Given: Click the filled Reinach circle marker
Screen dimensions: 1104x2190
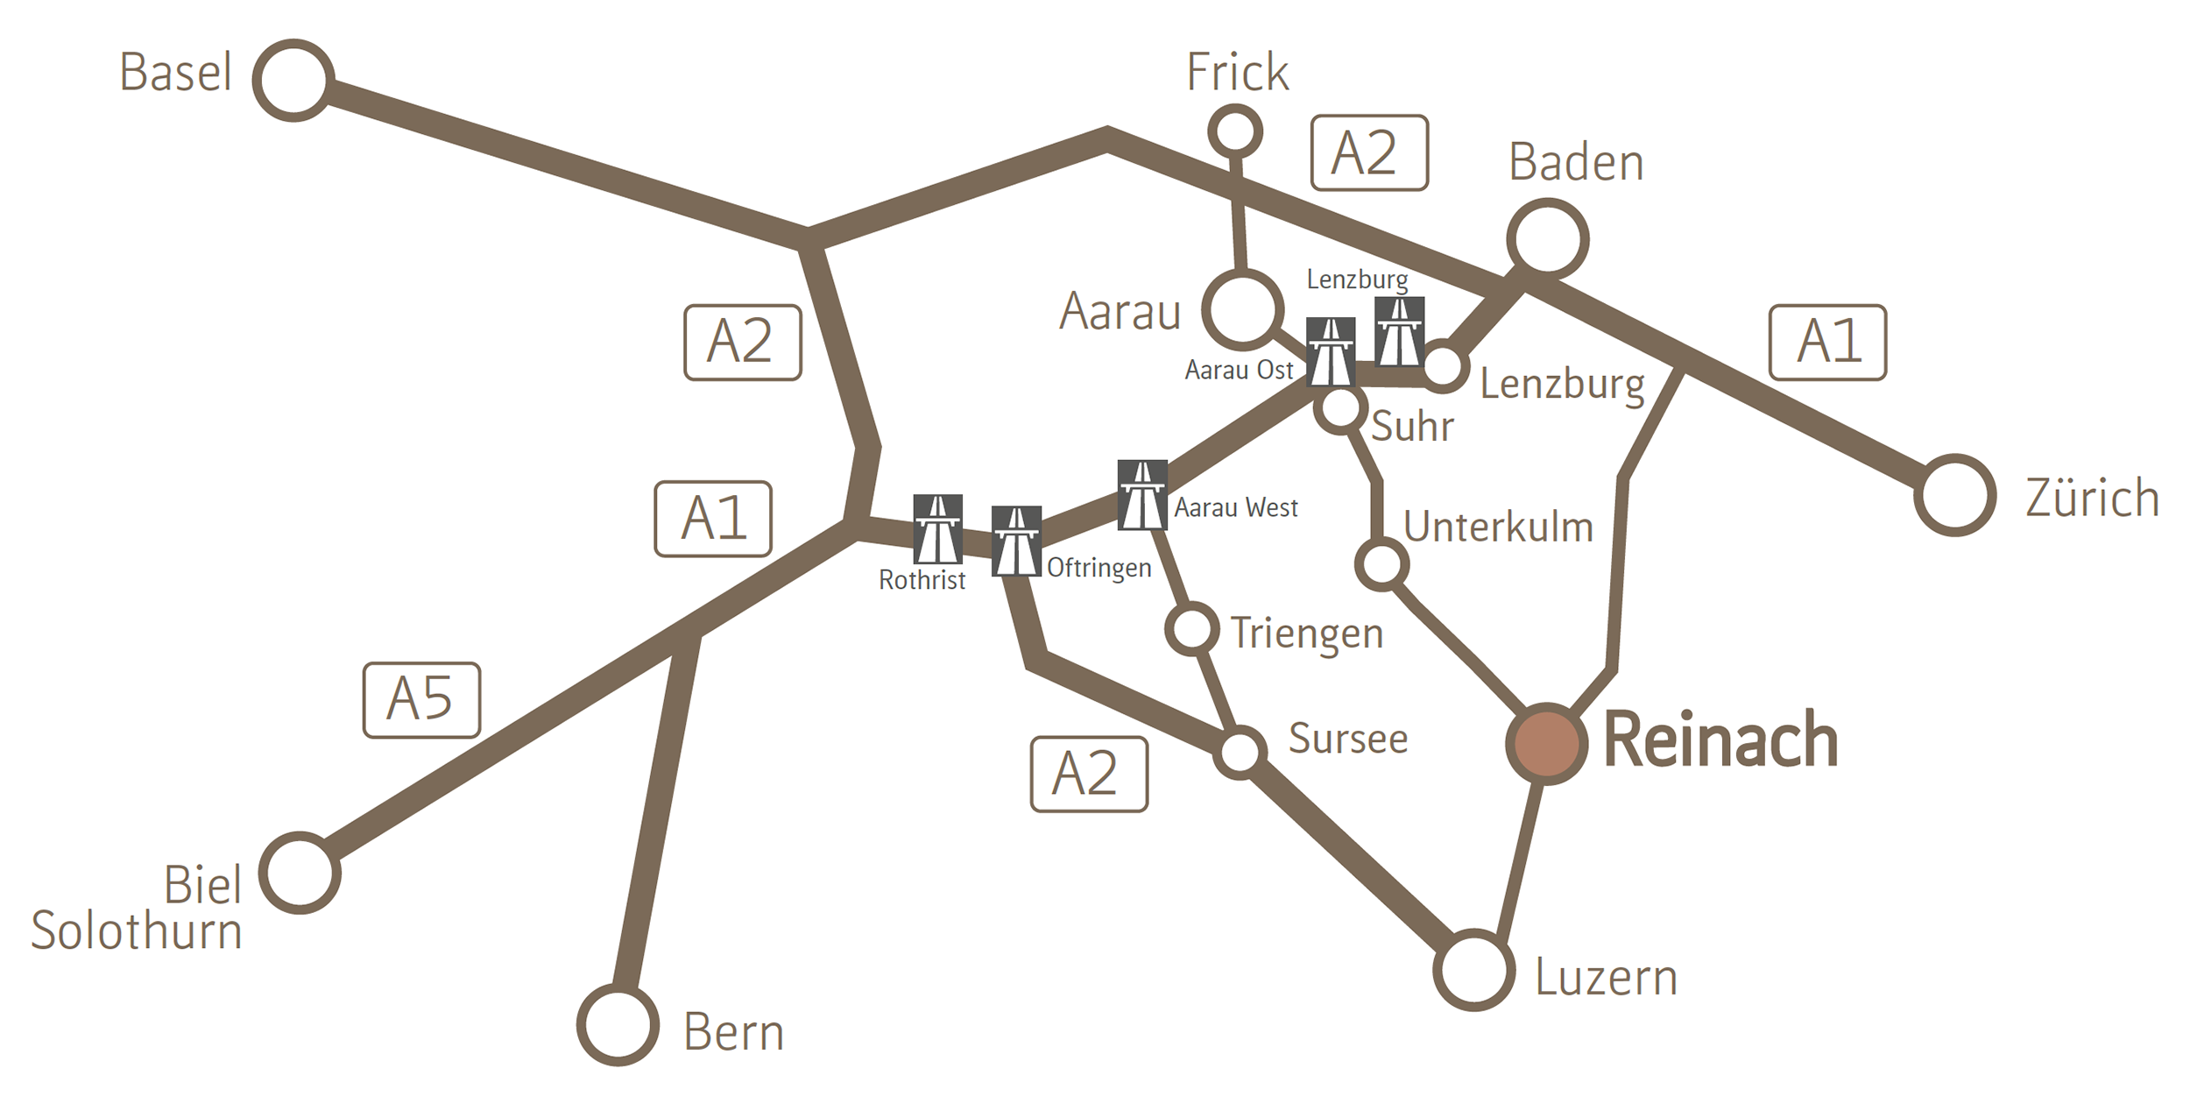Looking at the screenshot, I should (x=1547, y=743).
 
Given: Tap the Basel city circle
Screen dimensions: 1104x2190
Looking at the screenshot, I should (x=293, y=80).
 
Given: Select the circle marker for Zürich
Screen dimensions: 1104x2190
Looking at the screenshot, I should (x=1954, y=495).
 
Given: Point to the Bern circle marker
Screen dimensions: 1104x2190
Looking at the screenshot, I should (x=618, y=1025).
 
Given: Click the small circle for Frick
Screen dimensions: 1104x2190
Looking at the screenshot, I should (x=1234, y=132).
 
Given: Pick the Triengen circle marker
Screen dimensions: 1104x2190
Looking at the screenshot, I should (x=1191, y=628).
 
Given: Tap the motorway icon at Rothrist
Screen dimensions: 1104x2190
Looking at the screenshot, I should (x=937, y=528).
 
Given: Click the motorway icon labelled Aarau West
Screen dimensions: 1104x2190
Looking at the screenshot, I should (x=1142, y=495).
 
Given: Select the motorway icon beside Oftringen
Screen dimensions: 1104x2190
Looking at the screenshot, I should (x=1016, y=541).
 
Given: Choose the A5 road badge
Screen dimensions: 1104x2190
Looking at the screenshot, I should (x=421, y=699).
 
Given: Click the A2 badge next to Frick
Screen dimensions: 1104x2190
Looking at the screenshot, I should (x=1369, y=152).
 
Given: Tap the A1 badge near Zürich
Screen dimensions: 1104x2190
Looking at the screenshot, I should (x=1827, y=342).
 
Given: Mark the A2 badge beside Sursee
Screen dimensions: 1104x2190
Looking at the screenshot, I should (x=1089, y=774).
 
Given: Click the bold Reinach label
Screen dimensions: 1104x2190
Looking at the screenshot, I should (x=1720, y=741).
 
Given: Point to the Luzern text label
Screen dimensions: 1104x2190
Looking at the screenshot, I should (x=1606, y=978).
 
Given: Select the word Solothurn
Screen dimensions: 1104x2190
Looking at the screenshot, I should (x=137, y=931).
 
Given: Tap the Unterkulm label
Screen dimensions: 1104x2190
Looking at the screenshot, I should (x=1498, y=527).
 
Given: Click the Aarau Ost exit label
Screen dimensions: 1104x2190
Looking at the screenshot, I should (x=1239, y=370).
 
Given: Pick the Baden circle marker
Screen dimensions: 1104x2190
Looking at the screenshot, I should (x=1547, y=239).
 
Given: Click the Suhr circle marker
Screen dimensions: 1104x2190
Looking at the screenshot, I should (x=1339, y=407).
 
